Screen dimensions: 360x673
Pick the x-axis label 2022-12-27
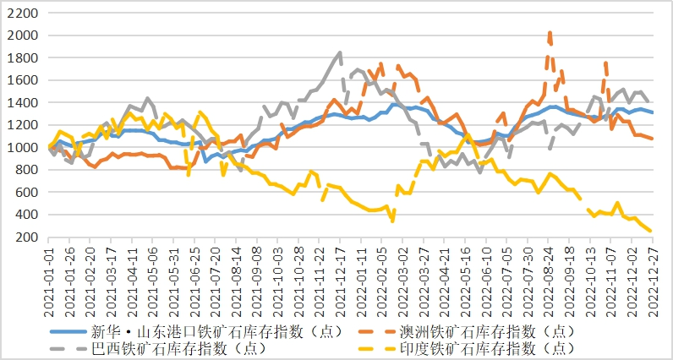click(652, 273)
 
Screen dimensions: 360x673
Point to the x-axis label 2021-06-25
click(195, 273)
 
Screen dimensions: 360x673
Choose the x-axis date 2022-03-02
click(402, 273)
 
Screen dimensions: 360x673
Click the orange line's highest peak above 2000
click(550, 33)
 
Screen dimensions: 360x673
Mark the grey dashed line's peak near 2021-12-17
click(340, 52)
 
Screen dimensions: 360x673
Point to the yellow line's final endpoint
click(651, 231)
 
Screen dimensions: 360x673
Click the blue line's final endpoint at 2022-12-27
click(652, 112)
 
